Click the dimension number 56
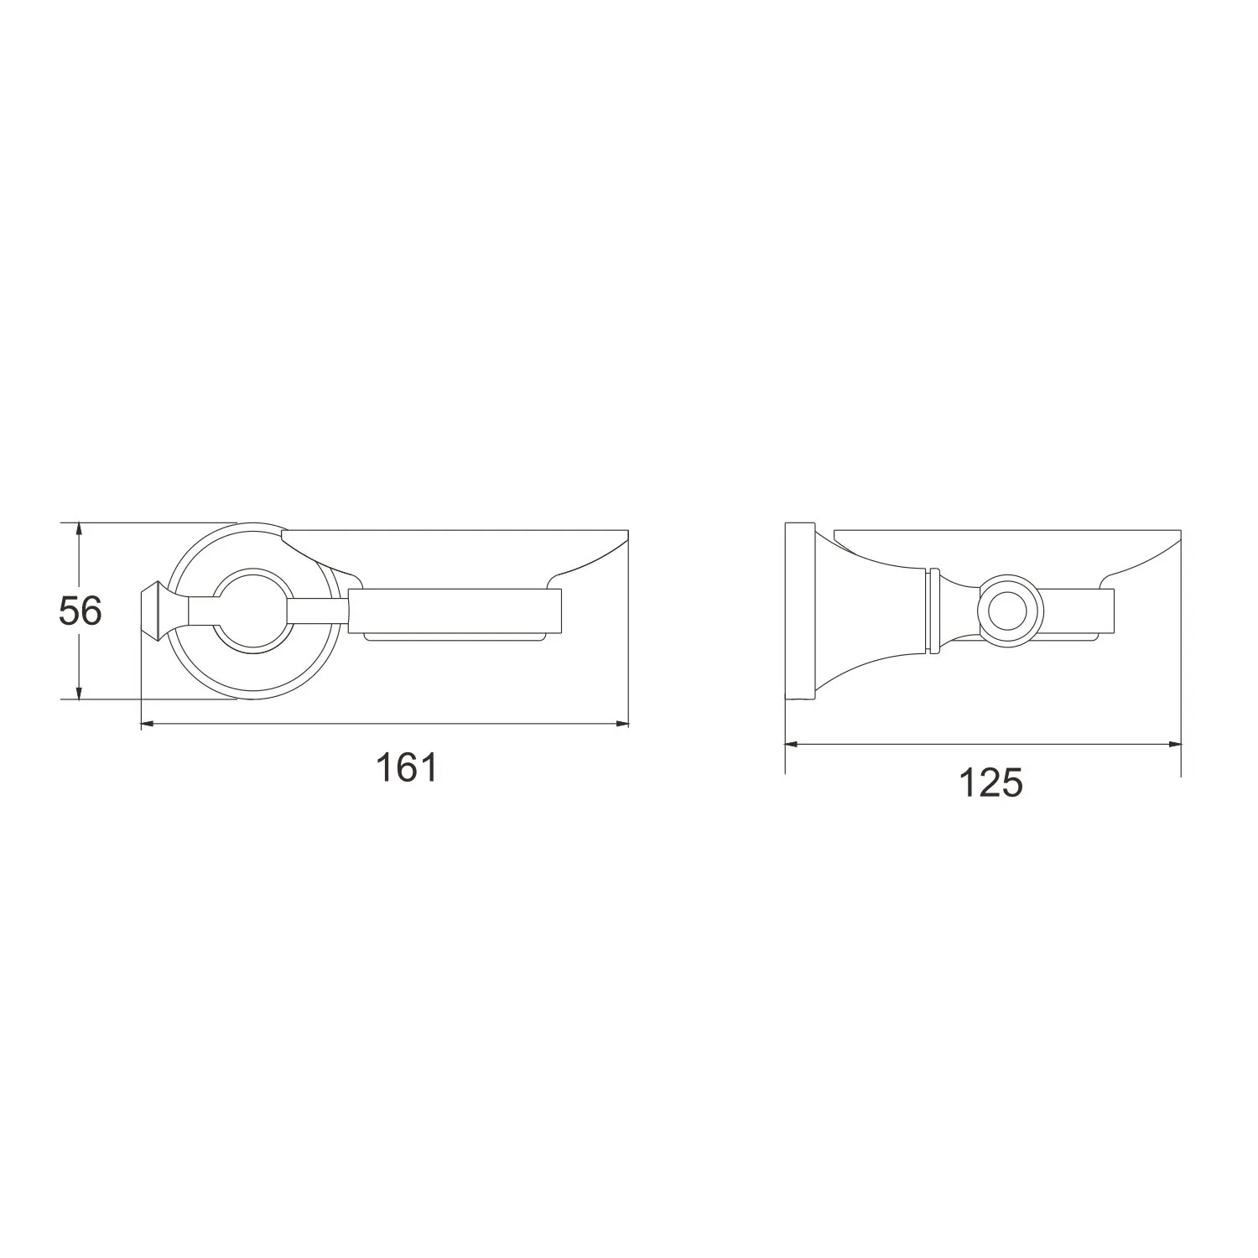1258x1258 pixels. tap(81, 611)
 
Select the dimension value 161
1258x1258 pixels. tap(407, 767)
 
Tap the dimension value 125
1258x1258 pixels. tap(990, 783)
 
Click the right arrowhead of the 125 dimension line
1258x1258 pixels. tap(1172, 743)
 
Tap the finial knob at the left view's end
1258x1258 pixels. tap(155, 611)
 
